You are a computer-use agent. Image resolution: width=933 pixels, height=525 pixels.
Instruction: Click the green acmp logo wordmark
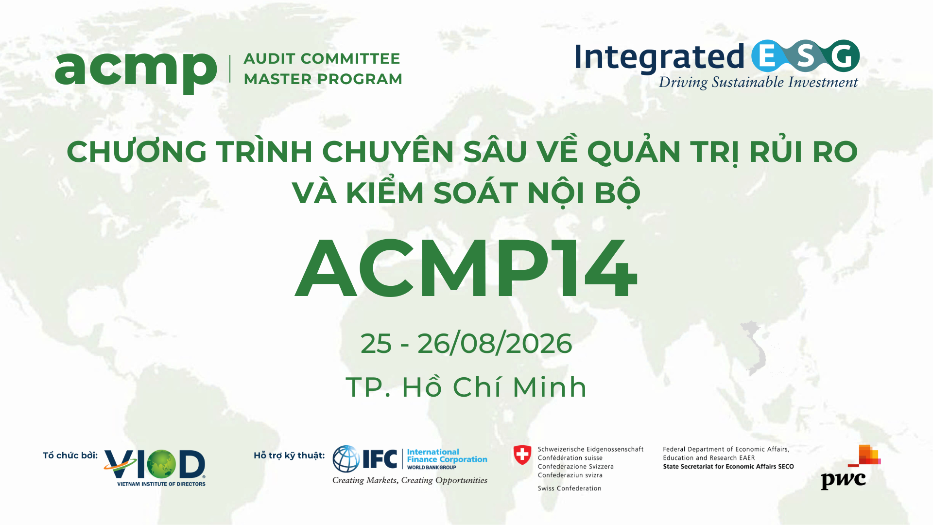[x=136, y=70]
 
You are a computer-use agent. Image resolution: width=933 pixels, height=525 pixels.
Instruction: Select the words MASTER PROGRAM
[x=323, y=79]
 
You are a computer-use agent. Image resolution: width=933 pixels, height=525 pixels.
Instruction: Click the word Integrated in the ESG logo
[x=659, y=57]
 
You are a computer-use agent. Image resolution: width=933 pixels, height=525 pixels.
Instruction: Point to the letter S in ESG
[x=805, y=56]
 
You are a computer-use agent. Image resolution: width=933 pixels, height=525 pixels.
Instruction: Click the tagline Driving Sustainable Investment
[x=758, y=83]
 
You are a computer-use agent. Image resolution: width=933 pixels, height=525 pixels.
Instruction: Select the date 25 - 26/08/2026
[x=466, y=344]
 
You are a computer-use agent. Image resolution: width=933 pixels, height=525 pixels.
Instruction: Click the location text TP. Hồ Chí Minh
[x=466, y=387]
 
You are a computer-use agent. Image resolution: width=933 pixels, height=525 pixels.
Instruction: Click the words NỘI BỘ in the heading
[x=584, y=193]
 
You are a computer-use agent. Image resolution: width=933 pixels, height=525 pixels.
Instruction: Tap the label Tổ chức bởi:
[x=70, y=456]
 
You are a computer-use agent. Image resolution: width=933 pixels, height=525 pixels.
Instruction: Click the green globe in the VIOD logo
[x=161, y=464]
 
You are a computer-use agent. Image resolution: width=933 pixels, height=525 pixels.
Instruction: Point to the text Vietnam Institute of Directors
[x=161, y=484]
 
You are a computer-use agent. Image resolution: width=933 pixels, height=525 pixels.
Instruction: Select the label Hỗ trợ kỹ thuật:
[x=289, y=456]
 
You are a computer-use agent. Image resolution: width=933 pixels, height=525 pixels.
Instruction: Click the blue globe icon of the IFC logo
[x=346, y=459]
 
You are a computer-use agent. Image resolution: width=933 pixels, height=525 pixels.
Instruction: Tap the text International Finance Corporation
[x=447, y=456]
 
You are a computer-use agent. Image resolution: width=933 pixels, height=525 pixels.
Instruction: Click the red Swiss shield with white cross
[x=522, y=455]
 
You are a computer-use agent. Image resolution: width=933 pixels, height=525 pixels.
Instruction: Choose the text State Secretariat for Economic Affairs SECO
[x=728, y=467]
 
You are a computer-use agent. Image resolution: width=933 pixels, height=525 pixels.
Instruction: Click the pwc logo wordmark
[x=843, y=480]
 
